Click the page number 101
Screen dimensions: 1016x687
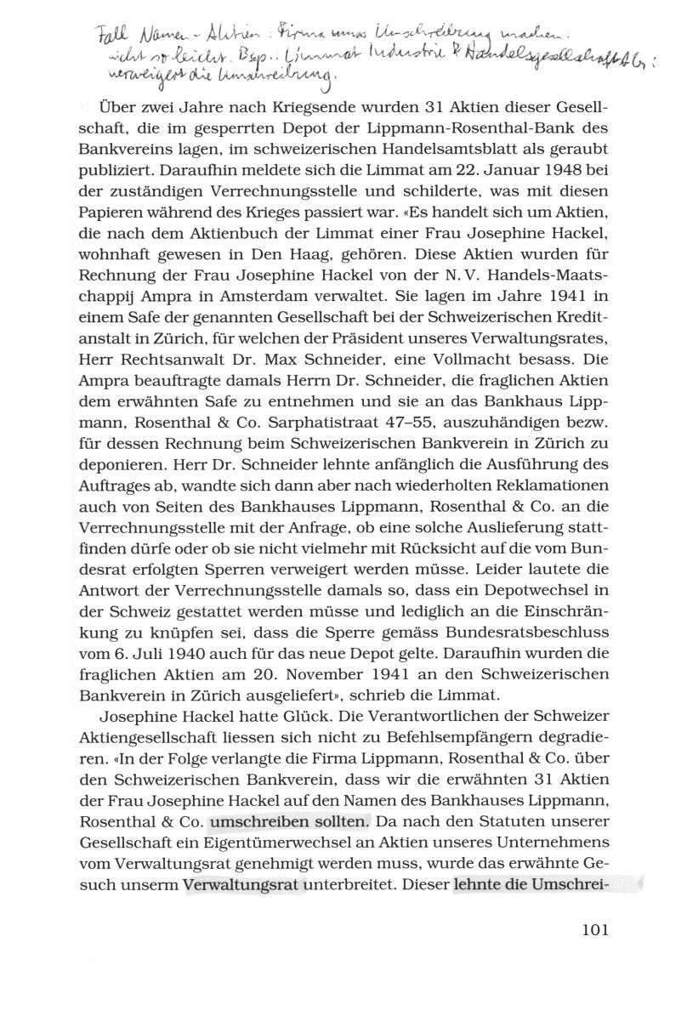point(586,928)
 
